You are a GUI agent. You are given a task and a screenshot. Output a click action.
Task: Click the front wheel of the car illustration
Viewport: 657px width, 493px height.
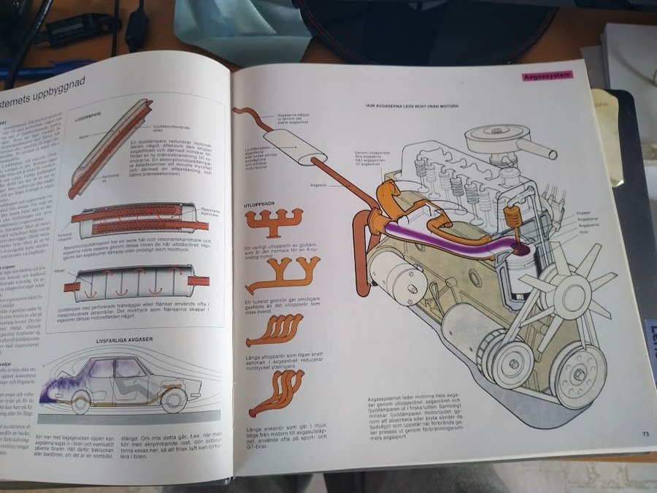[174, 399]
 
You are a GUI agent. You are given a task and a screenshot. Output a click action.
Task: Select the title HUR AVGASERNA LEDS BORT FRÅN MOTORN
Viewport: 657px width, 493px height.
[412, 105]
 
